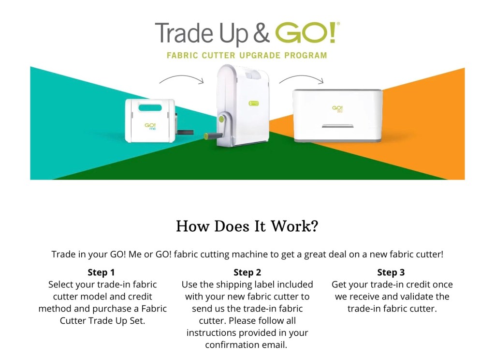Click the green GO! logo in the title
click(x=306, y=32)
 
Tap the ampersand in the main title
click(x=261, y=33)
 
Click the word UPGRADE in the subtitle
click(x=260, y=55)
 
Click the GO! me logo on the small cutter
click(x=150, y=126)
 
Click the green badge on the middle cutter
click(x=254, y=103)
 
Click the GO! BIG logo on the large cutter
click(x=337, y=109)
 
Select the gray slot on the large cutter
click(x=337, y=126)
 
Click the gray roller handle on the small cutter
click(x=185, y=132)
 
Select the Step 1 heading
click(x=101, y=272)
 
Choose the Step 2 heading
click(x=247, y=272)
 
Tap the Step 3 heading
click(x=391, y=272)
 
